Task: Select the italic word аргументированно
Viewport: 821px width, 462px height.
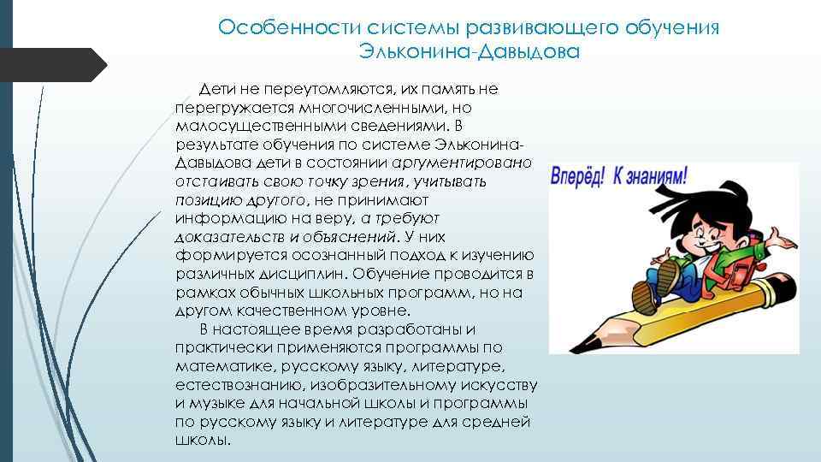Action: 463,163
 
